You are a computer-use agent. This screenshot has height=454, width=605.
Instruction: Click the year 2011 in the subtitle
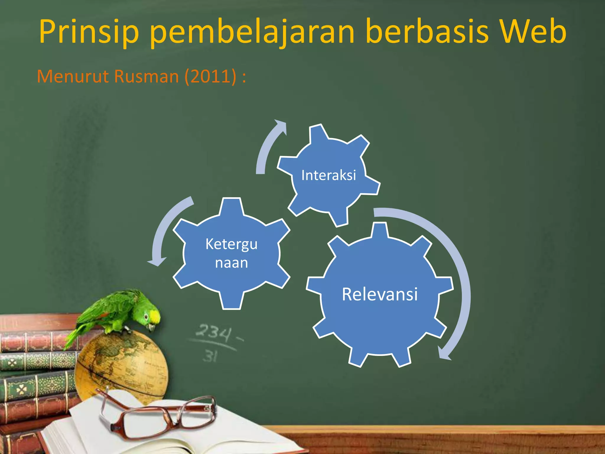[x=210, y=76]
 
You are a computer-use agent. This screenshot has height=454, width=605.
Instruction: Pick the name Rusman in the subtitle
[x=147, y=76]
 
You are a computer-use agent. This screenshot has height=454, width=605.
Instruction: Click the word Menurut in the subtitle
[x=73, y=76]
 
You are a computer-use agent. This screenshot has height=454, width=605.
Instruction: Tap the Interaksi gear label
[x=328, y=175]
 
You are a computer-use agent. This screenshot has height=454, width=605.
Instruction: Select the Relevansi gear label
[x=380, y=294]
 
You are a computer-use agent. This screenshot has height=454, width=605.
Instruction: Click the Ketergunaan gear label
[x=232, y=253]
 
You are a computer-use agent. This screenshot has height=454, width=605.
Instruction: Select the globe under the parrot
[x=121, y=367]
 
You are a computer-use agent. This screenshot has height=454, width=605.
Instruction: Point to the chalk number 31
[x=210, y=356]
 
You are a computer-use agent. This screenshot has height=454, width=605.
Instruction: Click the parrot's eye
[x=146, y=317]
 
